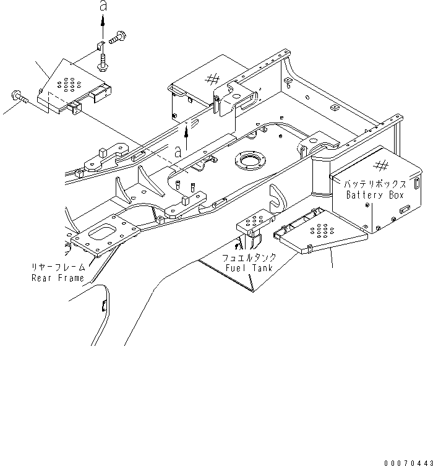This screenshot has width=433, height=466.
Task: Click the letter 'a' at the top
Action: (103, 7)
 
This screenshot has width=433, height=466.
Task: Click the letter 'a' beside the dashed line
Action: (178, 150)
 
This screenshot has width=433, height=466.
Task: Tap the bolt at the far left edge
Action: (17, 96)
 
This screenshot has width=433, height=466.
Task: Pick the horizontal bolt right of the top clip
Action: (117, 38)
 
